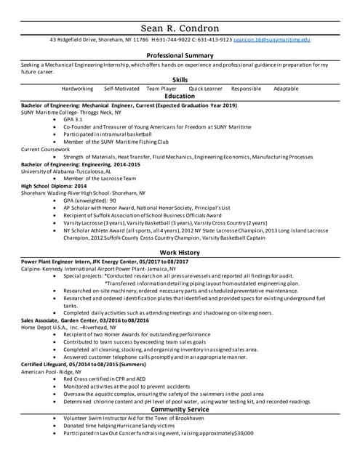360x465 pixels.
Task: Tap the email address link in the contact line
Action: pos(273,39)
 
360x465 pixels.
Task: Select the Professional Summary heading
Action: pos(180,56)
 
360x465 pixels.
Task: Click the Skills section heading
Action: pos(180,79)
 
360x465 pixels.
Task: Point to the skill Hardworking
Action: pos(77,88)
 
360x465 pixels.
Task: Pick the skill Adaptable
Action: pos(286,88)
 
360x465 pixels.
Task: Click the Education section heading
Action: pos(180,96)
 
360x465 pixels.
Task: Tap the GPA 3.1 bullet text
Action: pos(73,119)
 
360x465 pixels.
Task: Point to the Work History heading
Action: pos(180,252)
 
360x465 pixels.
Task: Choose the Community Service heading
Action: pos(180,410)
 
